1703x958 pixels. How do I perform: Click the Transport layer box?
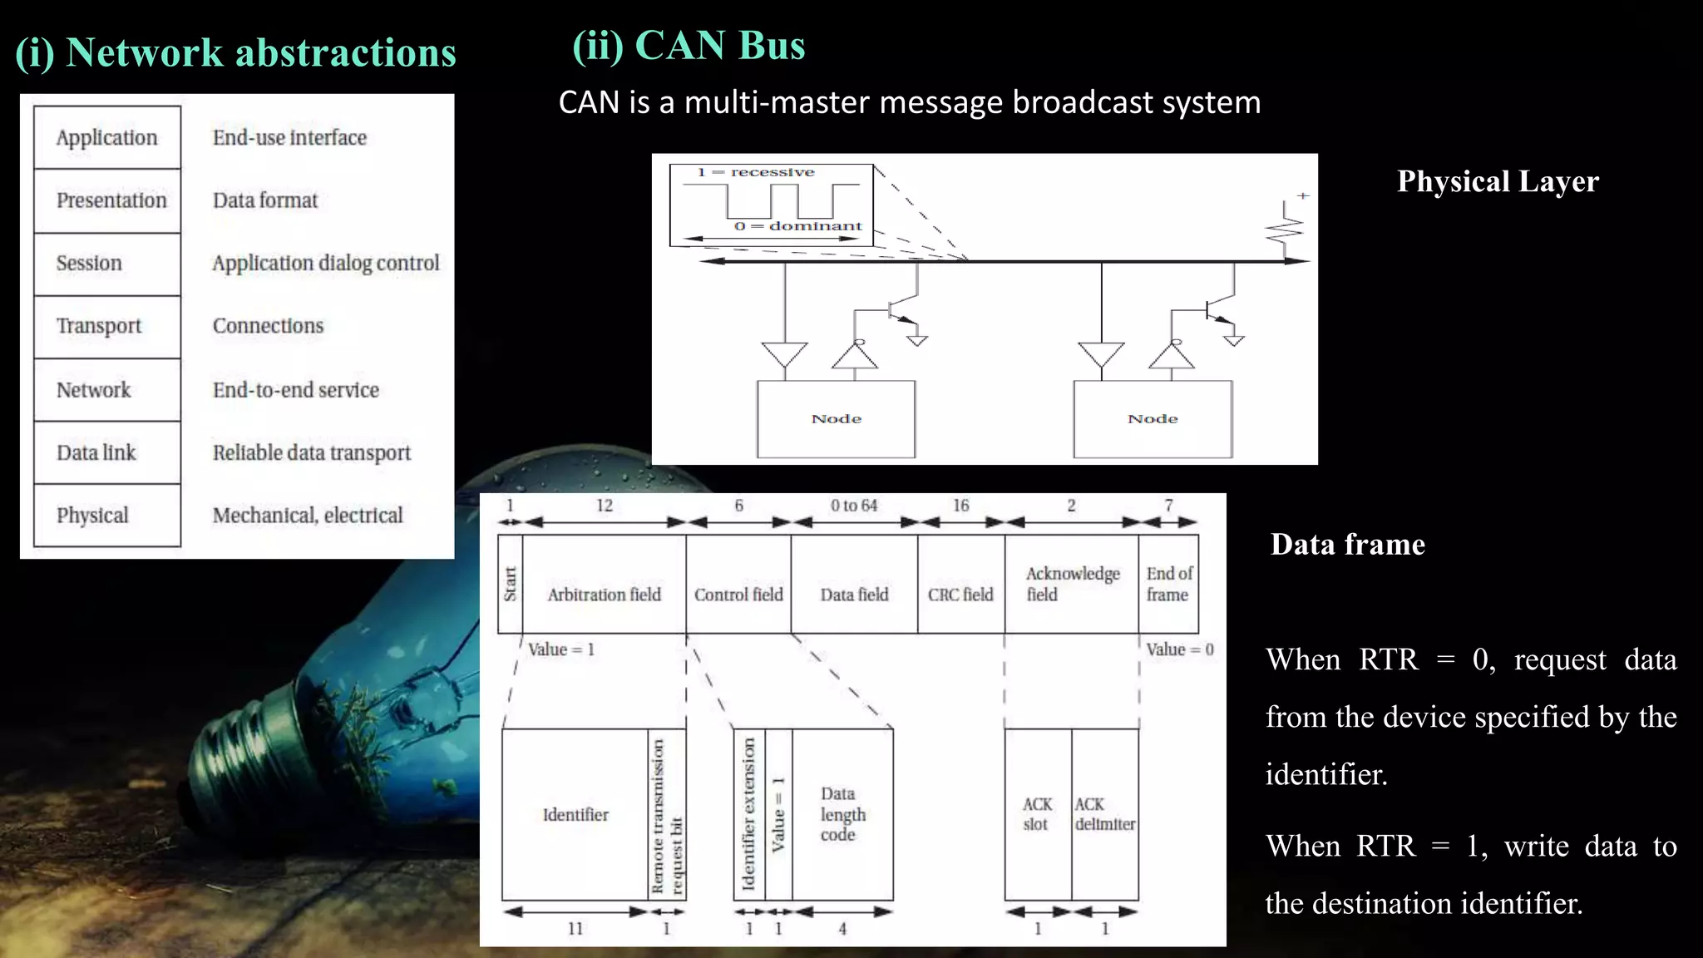107,326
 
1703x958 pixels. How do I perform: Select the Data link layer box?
107,452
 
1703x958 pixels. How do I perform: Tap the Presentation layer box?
107,200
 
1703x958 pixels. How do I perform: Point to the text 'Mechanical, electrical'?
308,516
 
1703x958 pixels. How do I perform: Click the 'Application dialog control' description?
325,263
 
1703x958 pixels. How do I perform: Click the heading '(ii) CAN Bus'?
689,46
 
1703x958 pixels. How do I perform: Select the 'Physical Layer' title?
1498,181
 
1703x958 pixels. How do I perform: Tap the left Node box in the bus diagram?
836,419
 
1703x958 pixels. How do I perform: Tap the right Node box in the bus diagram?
1153,419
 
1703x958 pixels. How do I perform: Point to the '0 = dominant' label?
798,226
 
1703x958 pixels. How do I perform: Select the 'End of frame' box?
1168,584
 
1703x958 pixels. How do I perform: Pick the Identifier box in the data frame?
575,815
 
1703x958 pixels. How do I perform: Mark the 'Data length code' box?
842,815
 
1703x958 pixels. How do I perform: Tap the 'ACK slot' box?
1037,815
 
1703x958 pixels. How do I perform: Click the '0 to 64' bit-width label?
854,506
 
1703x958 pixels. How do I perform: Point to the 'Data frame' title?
1347,545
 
